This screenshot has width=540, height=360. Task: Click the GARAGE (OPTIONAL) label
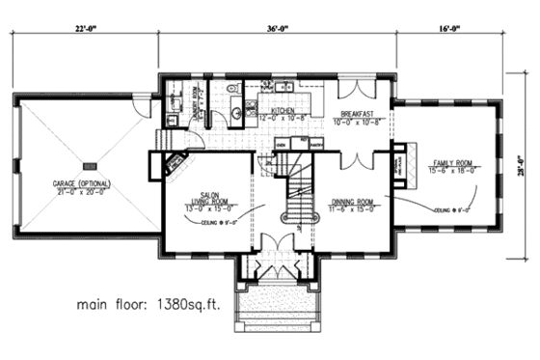click(82, 183)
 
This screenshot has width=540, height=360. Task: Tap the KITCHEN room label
click(283, 112)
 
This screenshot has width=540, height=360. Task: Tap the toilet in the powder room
click(234, 114)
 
